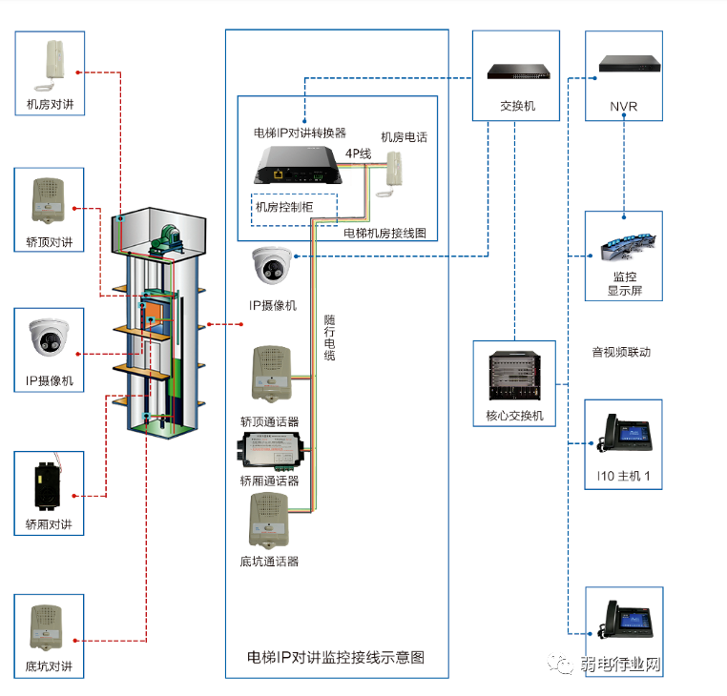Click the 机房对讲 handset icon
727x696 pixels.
(x=49, y=64)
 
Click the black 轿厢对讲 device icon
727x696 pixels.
(x=49, y=483)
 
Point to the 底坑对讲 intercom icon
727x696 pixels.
(x=49, y=625)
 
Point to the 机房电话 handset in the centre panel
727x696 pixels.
(x=392, y=173)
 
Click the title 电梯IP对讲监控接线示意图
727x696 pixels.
(x=335, y=657)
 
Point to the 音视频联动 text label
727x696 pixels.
(x=621, y=353)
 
